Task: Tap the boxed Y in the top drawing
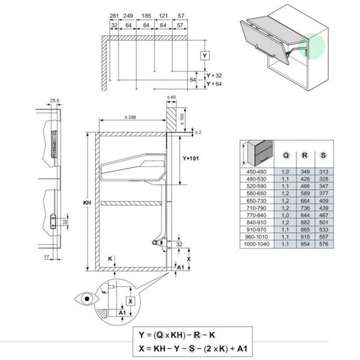coord(205,56)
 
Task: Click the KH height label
coord(86,203)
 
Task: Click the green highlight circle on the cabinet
coord(314,47)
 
